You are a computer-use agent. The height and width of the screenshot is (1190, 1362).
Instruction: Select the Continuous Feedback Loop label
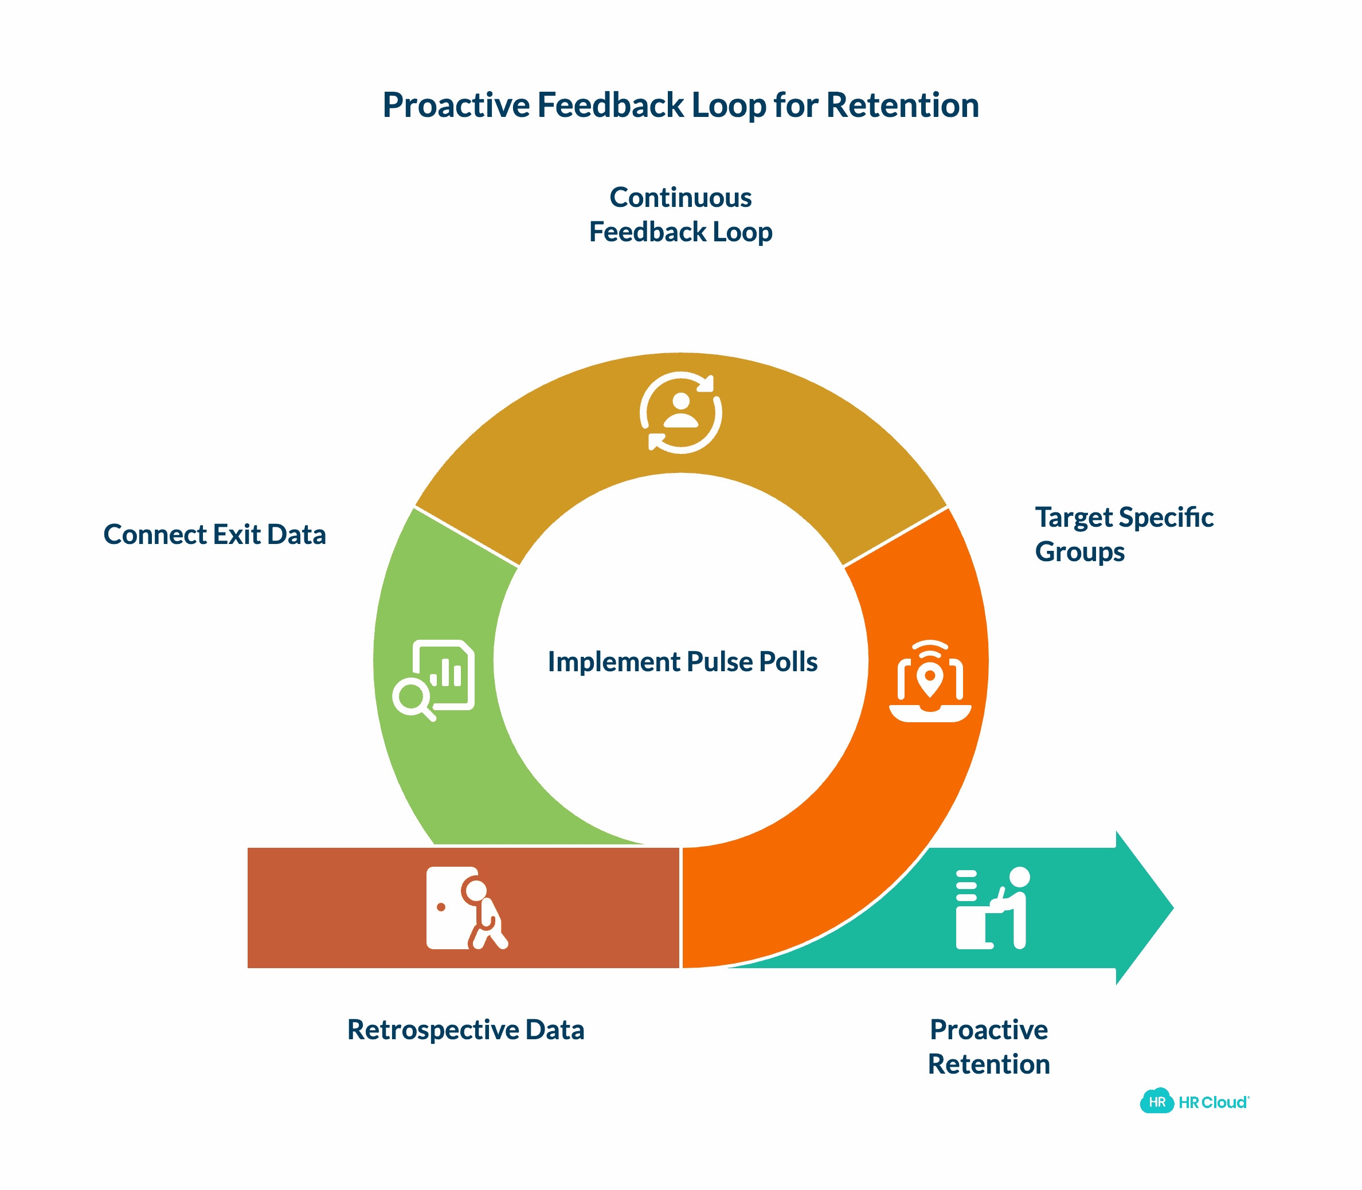[680, 214]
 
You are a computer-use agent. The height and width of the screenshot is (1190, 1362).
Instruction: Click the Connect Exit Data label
[214, 535]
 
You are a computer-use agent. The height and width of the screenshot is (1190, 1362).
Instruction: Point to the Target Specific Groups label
[1124, 535]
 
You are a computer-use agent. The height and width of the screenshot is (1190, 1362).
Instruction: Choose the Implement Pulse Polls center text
[682, 661]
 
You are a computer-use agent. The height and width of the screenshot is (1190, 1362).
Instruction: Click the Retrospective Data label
[465, 1030]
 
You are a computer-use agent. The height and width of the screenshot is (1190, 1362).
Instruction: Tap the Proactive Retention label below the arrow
[989, 1047]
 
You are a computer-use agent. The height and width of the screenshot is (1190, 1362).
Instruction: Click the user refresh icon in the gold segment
[680, 412]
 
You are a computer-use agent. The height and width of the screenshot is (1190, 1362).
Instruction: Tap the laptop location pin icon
[930, 680]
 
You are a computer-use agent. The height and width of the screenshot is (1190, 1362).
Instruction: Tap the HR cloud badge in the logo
[1156, 1102]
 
